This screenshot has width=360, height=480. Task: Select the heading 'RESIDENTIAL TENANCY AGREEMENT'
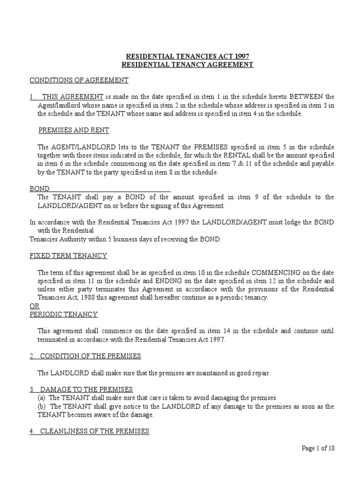pos(187,65)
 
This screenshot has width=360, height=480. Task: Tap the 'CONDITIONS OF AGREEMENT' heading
pos(79,80)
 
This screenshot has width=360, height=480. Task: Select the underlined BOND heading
pos(39,188)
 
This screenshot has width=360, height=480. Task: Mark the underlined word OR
pos(34,306)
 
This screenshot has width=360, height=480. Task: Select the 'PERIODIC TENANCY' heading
pos(63,314)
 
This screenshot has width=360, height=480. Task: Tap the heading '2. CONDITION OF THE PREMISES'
pos(85,356)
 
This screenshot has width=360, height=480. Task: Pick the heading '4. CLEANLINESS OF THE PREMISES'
pos(90,431)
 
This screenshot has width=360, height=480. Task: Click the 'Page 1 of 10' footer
pos(318,448)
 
